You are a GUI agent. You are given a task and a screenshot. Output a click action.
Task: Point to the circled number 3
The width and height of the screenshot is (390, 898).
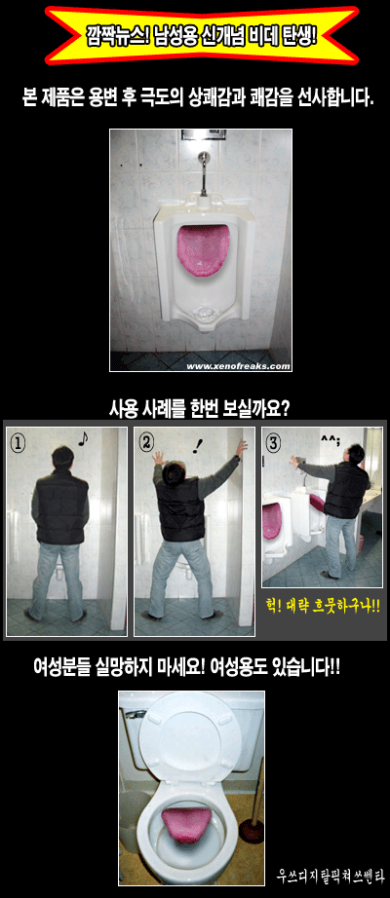point(275,443)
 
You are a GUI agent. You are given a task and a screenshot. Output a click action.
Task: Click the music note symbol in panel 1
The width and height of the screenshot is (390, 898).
point(83,438)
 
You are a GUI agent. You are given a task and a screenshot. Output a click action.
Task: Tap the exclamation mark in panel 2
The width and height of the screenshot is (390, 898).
point(199,444)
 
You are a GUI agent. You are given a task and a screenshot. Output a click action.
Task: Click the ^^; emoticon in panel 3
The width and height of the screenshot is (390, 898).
point(330,439)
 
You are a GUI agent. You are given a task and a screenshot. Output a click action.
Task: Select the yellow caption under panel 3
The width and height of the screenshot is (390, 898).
point(323,604)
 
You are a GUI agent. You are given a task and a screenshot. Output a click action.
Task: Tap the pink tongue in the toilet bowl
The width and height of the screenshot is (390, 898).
point(186,825)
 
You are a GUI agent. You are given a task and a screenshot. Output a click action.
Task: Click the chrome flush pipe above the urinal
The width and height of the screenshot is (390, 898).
point(203,173)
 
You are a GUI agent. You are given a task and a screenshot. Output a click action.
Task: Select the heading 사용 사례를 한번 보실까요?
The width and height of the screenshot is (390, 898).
point(199,410)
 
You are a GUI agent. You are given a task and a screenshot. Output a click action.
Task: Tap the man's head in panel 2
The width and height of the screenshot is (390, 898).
point(172,474)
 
